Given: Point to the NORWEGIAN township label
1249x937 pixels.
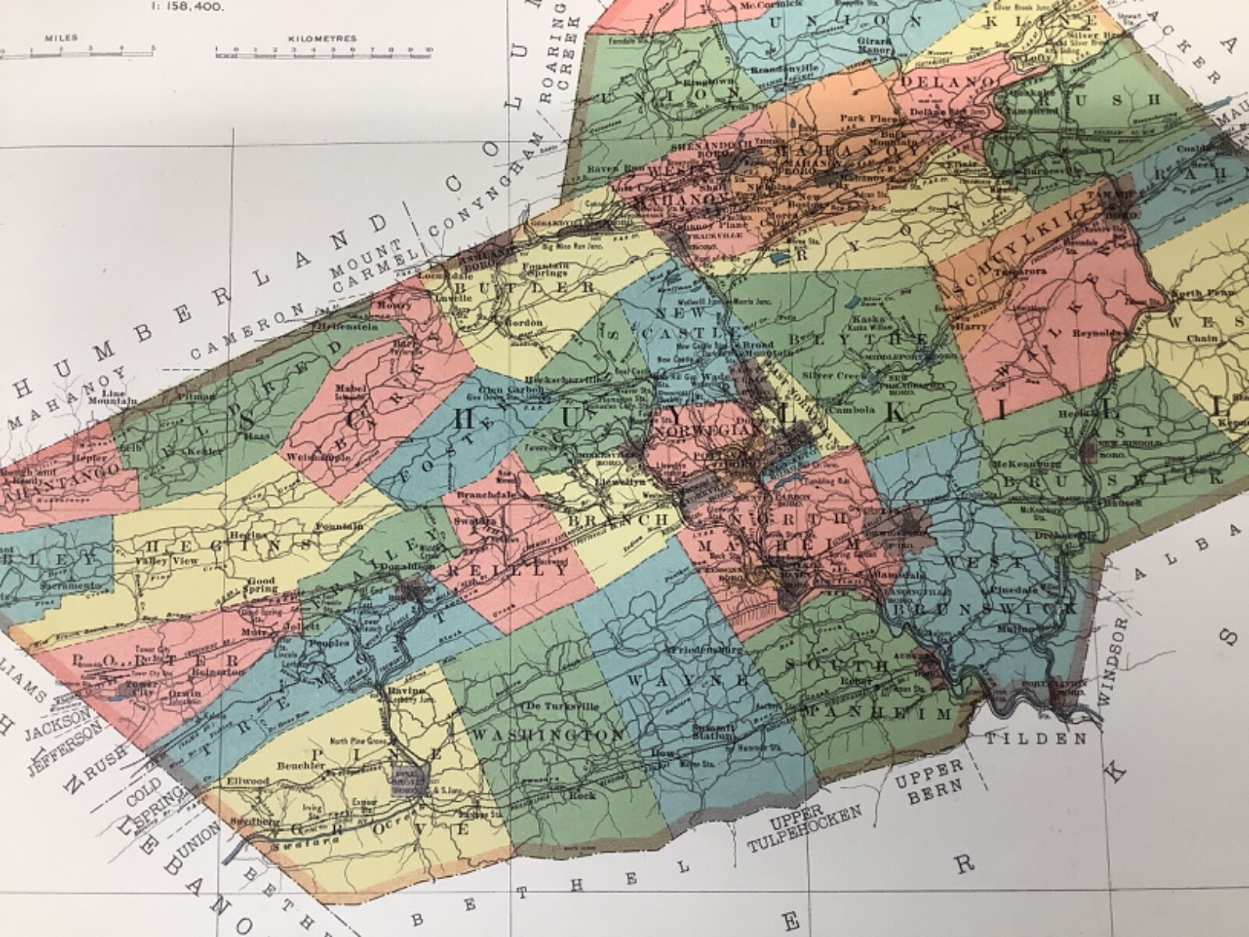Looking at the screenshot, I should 699,431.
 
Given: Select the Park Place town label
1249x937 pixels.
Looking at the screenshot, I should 862,118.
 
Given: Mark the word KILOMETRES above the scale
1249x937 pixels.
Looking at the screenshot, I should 323,37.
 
